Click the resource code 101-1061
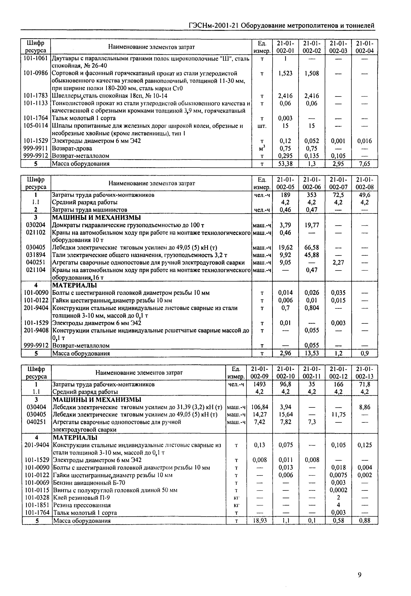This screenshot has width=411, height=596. point(35,58)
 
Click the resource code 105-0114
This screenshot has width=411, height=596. point(35,126)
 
